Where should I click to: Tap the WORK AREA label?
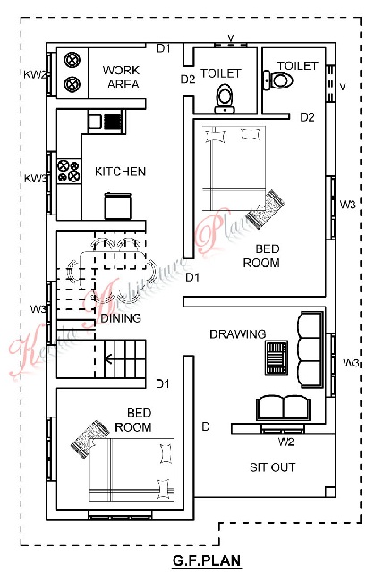[120, 77]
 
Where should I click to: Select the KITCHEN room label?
[120, 171]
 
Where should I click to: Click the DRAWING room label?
[237, 334]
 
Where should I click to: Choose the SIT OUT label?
[271, 467]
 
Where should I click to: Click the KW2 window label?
[36, 73]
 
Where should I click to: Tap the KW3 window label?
[36, 179]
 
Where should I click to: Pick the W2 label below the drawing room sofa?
[285, 441]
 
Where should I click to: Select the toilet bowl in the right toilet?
[283, 80]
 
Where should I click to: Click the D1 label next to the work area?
[163, 48]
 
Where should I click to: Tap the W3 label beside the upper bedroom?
[348, 205]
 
